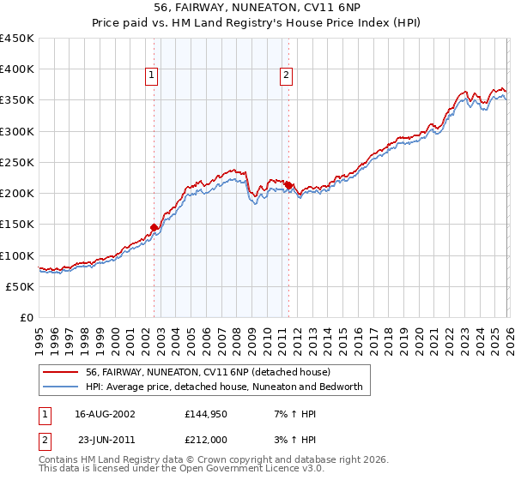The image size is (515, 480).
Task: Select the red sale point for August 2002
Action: click(154, 227)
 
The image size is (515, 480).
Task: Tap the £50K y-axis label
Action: click(21, 286)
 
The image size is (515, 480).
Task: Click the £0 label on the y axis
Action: click(27, 317)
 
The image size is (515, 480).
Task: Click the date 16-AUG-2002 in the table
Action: click(106, 414)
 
